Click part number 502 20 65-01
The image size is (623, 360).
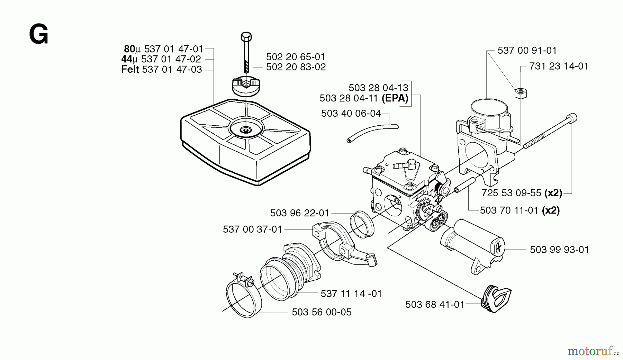(x=296, y=57)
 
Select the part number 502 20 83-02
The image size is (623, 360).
(x=296, y=67)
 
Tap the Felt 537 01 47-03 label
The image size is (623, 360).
(x=162, y=70)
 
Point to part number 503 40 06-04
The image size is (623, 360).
(x=351, y=114)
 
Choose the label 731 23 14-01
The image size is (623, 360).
(x=559, y=66)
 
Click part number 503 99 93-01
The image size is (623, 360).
(x=559, y=250)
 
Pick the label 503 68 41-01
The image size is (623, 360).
(x=435, y=305)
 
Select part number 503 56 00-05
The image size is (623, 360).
(x=322, y=312)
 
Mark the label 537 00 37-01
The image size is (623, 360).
(x=253, y=229)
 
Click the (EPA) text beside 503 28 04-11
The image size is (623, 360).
(x=395, y=98)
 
